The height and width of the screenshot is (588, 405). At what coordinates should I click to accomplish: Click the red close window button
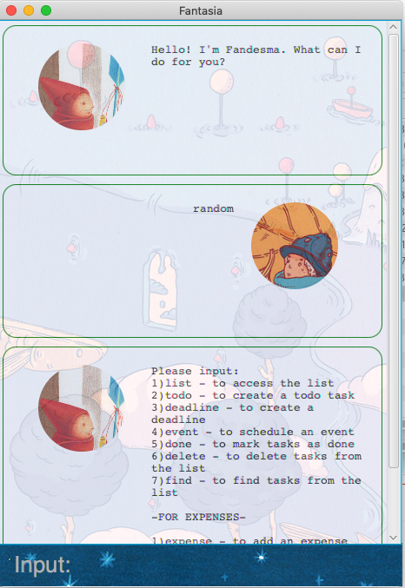coord(11,10)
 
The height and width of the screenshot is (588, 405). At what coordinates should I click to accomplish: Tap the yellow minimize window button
coord(29,10)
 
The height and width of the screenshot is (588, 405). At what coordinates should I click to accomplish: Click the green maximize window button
coord(46,10)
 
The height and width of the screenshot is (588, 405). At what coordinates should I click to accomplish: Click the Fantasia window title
coord(201,11)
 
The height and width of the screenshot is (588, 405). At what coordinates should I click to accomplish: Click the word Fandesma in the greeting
coord(253,50)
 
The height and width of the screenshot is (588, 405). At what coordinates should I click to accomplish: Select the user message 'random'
coord(213,208)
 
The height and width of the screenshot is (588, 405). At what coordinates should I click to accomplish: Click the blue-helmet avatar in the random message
coord(295,246)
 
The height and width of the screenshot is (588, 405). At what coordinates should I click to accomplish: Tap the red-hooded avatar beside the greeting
coord(82,87)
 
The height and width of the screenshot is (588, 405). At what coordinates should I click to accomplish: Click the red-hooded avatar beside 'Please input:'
coord(82,408)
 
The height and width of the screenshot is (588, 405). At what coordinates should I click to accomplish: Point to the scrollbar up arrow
coord(394,27)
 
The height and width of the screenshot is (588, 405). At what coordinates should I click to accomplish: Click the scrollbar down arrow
coord(394,538)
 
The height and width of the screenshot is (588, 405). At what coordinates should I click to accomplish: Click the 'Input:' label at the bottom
coord(43,565)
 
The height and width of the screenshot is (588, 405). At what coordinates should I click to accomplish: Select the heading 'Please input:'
coord(195,371)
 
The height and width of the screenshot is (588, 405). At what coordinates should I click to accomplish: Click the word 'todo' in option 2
coord(178,396)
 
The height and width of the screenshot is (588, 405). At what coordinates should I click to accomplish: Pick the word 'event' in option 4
coord(182,432)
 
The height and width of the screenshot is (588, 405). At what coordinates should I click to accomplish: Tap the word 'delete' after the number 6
coord(185,456)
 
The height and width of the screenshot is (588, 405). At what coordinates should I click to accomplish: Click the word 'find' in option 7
coord(178,480)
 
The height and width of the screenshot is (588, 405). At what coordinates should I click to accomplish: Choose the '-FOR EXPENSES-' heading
coord(198,517)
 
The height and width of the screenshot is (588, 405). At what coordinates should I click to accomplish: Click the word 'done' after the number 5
coord(178,444)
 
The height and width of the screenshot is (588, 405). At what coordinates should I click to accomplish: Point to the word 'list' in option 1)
coord(178,383)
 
